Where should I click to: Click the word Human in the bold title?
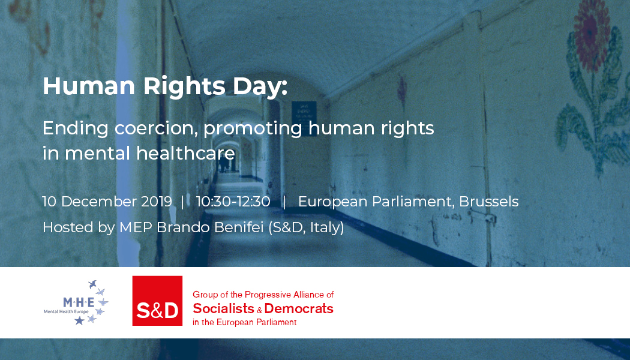point(89,86)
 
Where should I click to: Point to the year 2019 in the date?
point(157,201)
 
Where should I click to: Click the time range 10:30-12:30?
point(233,201)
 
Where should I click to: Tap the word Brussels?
point(488,201)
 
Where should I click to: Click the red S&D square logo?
point(157,301)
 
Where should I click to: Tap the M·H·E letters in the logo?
point(79,302)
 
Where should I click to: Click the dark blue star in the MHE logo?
point(80,320)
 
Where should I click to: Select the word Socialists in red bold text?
point(223,308)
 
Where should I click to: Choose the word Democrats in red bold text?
point(299,308)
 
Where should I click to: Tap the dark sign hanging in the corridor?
point(304,119)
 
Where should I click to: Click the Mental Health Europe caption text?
point(66,312)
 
